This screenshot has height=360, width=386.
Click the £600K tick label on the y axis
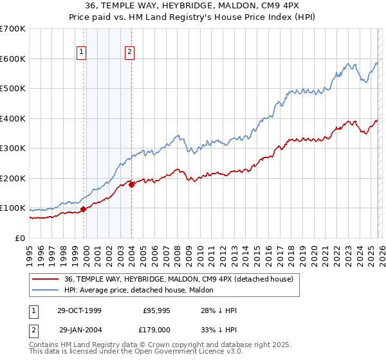click(x=13, y=59)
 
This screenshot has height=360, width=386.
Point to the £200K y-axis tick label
click(x=13, y=178)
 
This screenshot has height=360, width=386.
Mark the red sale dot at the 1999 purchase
click(x=84, y=209)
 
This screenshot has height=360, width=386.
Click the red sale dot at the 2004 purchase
click(x=131, y=184)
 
